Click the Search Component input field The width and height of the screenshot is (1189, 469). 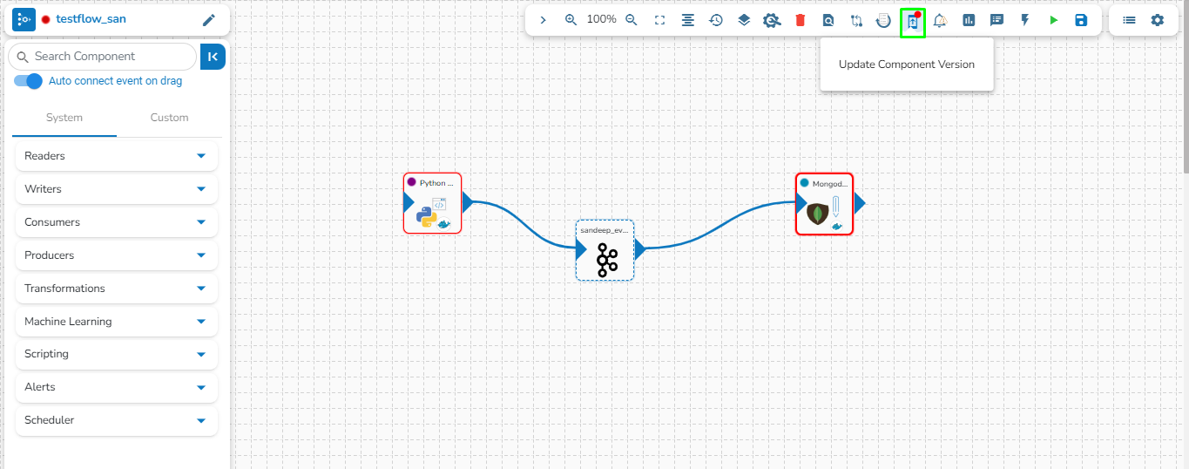coord(103,57)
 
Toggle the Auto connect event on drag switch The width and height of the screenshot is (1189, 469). coord(28,81)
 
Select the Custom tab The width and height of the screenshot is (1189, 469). coord(169,118)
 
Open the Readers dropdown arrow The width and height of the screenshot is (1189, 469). coord(201,156)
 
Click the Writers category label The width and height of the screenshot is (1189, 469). coord(43,189)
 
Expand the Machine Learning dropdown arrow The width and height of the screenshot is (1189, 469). coord(201,322)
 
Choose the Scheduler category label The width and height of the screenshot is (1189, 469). coord(50,420)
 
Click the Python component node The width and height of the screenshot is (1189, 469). coord(432,203)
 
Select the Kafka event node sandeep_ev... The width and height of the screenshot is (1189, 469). coord(605,250)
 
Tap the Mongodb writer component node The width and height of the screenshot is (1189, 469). coord(824,204)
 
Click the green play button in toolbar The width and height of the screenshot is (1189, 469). coord(1054,20)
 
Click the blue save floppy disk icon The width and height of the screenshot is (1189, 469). coord(1081,20)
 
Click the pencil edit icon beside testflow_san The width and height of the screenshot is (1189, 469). coord(209,20)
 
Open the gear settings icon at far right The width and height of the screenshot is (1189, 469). coord(1157,20)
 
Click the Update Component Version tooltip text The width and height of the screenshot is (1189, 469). coord(907,65)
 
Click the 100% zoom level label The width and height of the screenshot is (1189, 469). coord(601,19)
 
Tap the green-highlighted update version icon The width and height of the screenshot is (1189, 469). coord(913,23)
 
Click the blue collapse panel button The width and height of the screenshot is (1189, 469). coord(213,57)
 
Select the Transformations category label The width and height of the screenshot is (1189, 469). coord(64,289)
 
